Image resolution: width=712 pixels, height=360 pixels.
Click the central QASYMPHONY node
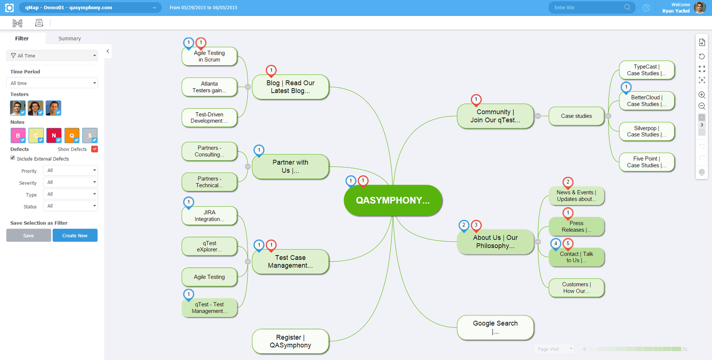(x=393, y=200)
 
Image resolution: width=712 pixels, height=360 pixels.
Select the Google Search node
(x=495, y=327)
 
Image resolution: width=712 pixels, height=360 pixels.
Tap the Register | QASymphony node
(x=290, y=341)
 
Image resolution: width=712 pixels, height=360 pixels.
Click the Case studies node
(x=576, y=116)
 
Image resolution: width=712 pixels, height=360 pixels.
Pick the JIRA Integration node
(x=209, y=216)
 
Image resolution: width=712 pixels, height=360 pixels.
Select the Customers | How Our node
(x=576, y=288)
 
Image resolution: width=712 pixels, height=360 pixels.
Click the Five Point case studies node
(x=646, y=162)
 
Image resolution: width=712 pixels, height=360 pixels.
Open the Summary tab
(x=70, y=38)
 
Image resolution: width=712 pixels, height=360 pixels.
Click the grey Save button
(x=28, y=235)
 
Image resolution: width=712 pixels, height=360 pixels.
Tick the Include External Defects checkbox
(x=13, y=158)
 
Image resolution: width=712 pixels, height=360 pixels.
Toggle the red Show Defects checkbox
(x=95, y=149)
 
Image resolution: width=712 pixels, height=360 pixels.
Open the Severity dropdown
(x=70, y=182)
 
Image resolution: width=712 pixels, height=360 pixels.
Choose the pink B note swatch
(x=18, y=135)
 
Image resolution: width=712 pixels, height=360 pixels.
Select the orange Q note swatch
(x=72, y=135)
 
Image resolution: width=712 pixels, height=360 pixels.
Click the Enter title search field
(x=587, y=8)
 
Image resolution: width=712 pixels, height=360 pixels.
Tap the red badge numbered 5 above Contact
(x=568, y=244)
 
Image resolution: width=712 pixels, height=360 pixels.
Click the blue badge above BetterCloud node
(x=626, y=87)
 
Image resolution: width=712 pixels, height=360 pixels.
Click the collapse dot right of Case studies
(x=608, y=116)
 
